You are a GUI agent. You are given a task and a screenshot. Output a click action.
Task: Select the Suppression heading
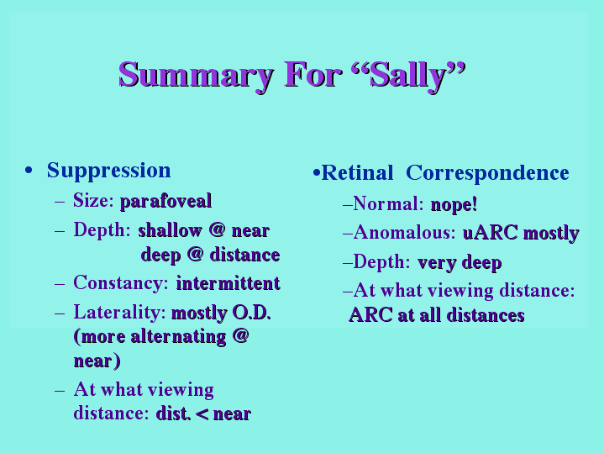coord(108,171)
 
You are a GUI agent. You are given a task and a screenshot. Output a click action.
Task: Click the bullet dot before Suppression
coord(28,170)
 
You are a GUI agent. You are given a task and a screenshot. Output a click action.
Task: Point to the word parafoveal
coord(166,201)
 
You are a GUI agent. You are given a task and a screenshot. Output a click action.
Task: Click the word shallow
coord(171,230)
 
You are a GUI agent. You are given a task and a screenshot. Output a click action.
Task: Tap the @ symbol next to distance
coord(195,255)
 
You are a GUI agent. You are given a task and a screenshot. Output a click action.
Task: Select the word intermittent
coord(228,283)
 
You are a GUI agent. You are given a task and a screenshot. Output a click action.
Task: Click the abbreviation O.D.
coord(251,313)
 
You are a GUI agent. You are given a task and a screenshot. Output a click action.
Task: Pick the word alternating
coord(178,336)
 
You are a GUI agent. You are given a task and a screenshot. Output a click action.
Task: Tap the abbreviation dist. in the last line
coord(173,413)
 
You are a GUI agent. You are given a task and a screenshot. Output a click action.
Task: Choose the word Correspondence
coord(487,173)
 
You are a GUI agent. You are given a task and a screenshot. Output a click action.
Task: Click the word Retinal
coord(357,173)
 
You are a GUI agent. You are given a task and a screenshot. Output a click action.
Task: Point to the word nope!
coord(454,204)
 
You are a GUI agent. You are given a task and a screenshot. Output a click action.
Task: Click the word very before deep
coord(437,262)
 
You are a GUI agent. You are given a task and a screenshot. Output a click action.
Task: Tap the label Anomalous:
coord(404,233)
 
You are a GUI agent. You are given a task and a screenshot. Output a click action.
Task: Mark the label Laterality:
coord(119,313)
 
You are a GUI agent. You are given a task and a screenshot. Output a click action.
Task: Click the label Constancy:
coord(121,283)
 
